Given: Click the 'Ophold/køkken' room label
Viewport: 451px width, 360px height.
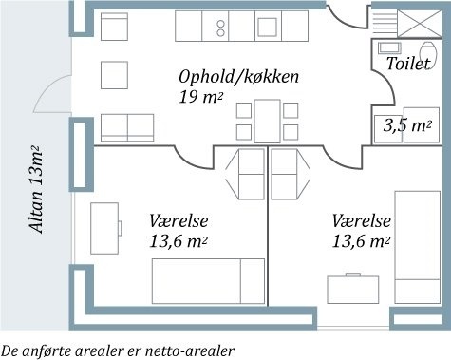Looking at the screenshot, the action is pyautogui.click(x=238, y=77).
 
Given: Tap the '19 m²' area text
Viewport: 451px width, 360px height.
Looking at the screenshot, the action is pyautogui.click(x=200, y=97).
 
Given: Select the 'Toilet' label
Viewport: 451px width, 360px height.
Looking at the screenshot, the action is pyautogui.click(x=408, y=64).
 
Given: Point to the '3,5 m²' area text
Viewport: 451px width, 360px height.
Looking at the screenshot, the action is pyautogui.click(x=407, y=125).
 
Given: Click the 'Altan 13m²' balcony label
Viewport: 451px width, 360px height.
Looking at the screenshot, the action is pyautogui.click(x=36, y=189).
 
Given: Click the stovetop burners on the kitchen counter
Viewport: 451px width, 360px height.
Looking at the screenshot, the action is pyautogui.click(x=220, y=28).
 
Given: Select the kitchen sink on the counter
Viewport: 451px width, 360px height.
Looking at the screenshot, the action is pyautogui.click(x=268, y=28).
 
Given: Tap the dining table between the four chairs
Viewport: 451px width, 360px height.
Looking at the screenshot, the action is pyautogui.click(x=268, y=122).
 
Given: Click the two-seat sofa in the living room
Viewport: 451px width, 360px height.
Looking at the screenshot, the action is pyautogui.click(x=127, y=127).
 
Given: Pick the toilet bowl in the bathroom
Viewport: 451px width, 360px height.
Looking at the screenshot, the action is pyautogui.click(x=428, y=53).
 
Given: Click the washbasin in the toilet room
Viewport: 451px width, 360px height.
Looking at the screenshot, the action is pyautogui.click(x=389, y=48).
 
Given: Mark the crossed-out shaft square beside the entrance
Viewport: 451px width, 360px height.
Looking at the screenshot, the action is pyautogui.click(x=420, y=24).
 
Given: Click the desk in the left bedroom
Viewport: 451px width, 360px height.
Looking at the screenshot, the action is pyautogui.click(x=104, y=228).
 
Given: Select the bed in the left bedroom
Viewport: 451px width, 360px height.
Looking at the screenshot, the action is pyautogui.click(x=208, y=281).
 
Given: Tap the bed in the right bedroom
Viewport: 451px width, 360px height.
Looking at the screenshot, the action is pyautogui.click(x=418, y=247).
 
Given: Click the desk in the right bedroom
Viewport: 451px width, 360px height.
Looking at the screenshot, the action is pyautogui.click(x=353, y=290).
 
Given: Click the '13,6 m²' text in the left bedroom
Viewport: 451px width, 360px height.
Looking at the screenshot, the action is pyautogui.click(x=179, y=242).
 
